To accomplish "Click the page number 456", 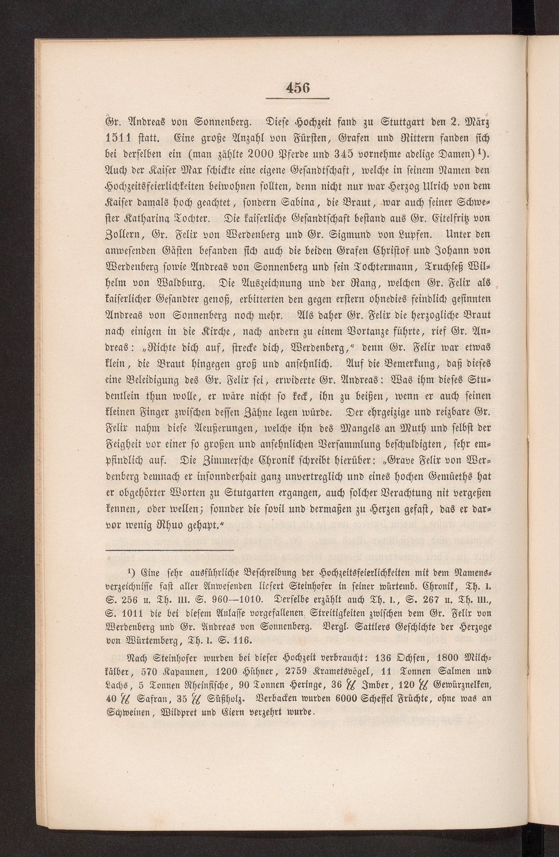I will [298, 87].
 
